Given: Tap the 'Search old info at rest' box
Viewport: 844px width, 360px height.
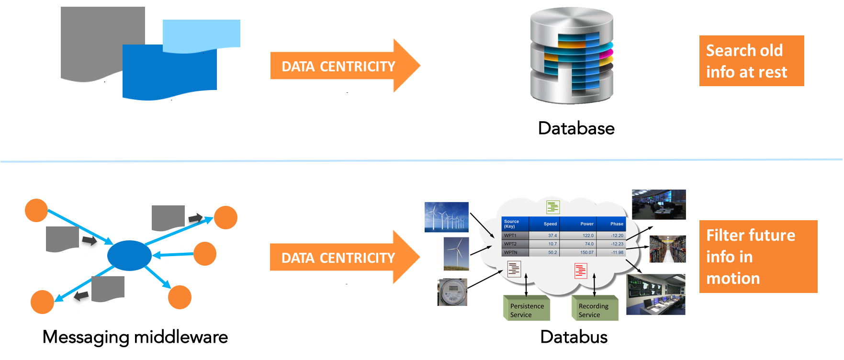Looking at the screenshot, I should (751, 61).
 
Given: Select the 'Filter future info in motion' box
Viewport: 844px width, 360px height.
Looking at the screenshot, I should (758, 257).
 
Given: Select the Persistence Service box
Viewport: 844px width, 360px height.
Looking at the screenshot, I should (527, 310).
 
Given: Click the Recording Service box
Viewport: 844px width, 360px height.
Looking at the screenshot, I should (595, 310).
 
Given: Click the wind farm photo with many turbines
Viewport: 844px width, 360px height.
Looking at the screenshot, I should (446, 217).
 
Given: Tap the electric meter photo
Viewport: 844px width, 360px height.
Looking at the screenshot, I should (452, 292).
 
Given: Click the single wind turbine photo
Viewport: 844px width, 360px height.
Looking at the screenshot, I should (456, 254).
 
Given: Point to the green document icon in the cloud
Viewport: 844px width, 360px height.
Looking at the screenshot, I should (553, 207).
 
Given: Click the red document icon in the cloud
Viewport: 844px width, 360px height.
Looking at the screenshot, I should (580, 270).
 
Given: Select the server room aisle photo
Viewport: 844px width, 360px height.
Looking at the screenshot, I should (667, 249).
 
